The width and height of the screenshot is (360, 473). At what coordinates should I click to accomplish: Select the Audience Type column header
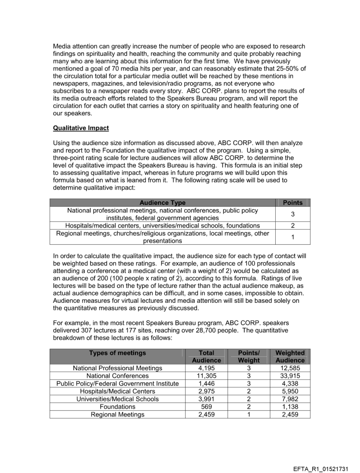tap(162, 203)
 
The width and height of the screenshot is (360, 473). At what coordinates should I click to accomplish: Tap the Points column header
tap(292, 203)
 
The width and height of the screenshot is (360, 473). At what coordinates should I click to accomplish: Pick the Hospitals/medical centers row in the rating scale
tap(162, 225)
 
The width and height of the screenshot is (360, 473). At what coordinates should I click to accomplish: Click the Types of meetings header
tap(117, 353)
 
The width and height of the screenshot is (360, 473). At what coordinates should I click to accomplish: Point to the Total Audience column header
tap(206, 356)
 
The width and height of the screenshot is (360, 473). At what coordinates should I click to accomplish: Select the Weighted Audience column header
tap(290, 356)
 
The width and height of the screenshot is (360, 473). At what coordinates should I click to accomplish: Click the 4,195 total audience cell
tap(206, 368)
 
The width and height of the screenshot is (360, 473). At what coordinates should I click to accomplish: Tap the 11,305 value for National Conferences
tap(206, 376)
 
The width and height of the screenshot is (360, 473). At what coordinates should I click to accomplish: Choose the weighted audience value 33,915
tap(290, 376)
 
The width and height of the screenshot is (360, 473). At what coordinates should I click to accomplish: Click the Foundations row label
tap(117, 407)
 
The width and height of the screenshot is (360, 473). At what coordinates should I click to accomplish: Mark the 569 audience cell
tap(206, 407)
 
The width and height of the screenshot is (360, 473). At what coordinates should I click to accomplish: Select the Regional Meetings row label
tap(117, 415)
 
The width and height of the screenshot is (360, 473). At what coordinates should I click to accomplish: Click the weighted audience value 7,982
tap(290, 399)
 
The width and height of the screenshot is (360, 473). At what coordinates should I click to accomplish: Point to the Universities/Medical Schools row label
tap(117, 399)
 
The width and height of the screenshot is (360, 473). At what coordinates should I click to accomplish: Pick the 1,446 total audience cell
tap(206, 384)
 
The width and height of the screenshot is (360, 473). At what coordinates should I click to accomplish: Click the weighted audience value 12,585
tap(290, 368)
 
